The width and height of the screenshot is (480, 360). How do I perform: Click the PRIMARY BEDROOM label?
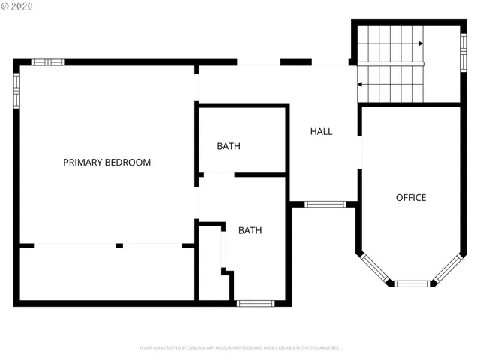pyautogui.click(x=106, y=163)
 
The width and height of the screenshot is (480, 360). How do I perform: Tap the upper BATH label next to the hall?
pyautogui.click(x=229, y=146)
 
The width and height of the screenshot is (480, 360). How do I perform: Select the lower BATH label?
pyautogui.click(x=250, y=230)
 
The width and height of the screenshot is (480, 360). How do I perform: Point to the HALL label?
pyautogui.click(x=321, y=131)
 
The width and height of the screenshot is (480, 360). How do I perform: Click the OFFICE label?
pyautogui.click(x=410, y=198)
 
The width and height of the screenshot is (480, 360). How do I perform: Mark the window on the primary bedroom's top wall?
pyautogui.click(x=48, y=61)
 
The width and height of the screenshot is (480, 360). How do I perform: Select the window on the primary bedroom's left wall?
pyautogui.click(x=16, y=90)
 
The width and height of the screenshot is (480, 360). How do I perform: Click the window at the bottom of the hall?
pyautogui.click(x=325, y=204)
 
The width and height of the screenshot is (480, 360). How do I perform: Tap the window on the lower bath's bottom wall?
pyautogui.click(x=256, y=303)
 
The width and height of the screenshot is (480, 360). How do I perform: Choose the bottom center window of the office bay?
pyautogui.click(x=412, y=283)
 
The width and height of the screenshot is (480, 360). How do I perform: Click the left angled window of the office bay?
pyautogui.click(x=373, y=267)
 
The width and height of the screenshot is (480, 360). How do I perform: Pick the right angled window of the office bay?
pyautogui.click(x=450, y=267)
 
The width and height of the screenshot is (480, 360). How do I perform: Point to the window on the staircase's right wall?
pyautogui.click(x=463, y=52)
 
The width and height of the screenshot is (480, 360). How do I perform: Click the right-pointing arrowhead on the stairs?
pyautogui.click(x=421, y=43)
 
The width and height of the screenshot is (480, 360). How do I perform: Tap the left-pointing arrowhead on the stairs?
pyautogui.click(x=361, y=84)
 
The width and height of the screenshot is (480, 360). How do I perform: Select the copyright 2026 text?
pyautogui.click(x=18, y=6)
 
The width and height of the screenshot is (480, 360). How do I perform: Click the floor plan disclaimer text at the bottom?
pyautogui.click(x=239, y=348)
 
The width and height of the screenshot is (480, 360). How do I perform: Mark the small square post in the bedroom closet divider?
pyautogui.click(x=119, y=245)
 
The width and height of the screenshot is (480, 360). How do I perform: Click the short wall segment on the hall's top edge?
pyautogui.click(x=295, y=61)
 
